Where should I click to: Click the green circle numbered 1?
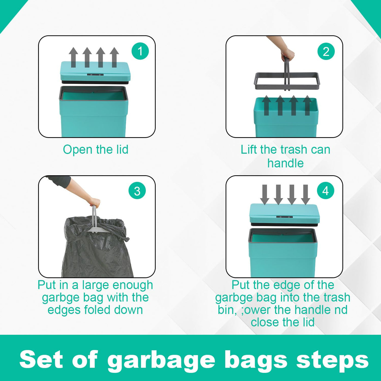pos(140,51)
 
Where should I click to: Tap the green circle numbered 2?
pos(326,51)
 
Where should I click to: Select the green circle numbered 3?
pos(137,191)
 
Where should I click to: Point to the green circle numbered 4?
pos(325,191)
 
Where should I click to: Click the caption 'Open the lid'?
pos(96,150)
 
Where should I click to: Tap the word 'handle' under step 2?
pos(285,163)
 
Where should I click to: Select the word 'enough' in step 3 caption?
pos(133,285)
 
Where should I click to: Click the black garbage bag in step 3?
pos(97,247)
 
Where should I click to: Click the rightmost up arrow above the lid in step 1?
pos(114,57)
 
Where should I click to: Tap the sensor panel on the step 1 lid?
pos(95,75)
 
